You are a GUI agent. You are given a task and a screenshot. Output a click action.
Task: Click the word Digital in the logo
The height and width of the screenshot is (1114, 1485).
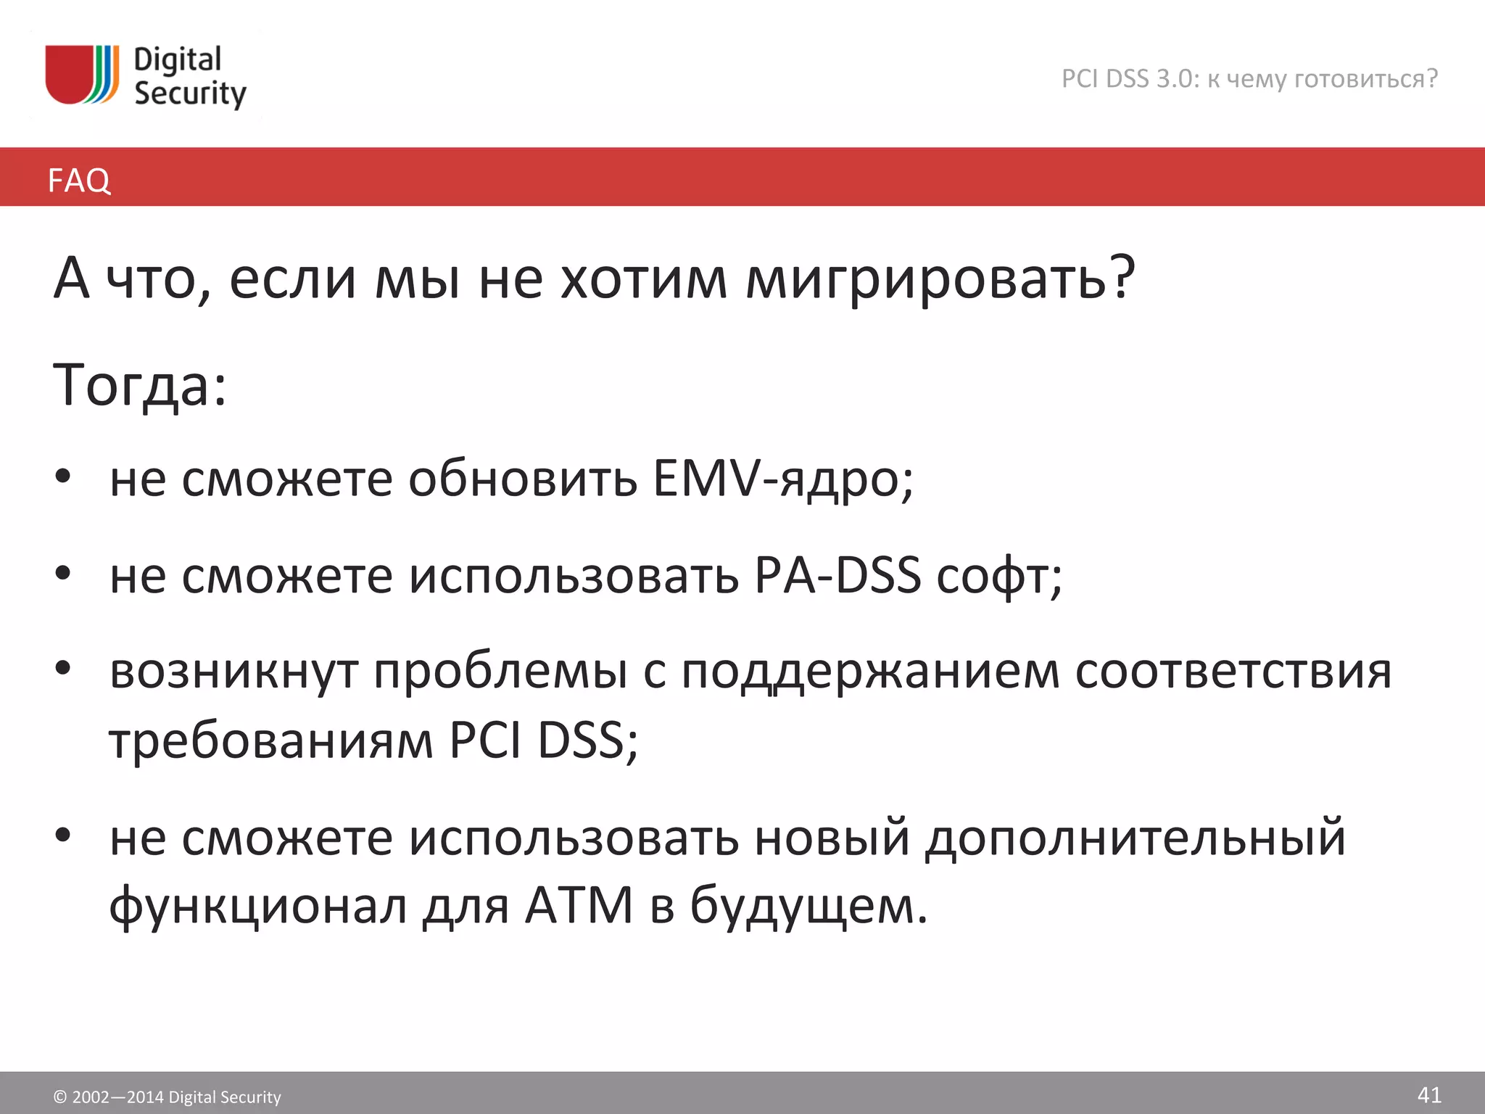click(177, 60)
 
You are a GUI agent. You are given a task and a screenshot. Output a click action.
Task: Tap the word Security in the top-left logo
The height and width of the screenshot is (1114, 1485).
click(190, 94)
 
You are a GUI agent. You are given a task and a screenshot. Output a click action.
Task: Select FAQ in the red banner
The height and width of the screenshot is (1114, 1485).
click(79, 180)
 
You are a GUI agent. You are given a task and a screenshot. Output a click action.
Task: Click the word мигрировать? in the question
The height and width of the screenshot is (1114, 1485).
click(940, 279)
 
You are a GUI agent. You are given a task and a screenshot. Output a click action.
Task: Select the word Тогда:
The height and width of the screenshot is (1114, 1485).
click(140, 385)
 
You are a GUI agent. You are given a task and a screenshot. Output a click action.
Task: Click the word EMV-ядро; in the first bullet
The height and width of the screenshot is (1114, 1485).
click(783, 479)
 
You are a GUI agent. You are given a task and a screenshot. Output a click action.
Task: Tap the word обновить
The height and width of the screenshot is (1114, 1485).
click(522, 479)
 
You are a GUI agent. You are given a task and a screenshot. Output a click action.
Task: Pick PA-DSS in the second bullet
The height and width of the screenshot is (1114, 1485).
click(837, 575)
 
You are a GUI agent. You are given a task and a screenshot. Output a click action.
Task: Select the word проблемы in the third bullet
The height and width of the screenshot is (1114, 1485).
click(500, 671)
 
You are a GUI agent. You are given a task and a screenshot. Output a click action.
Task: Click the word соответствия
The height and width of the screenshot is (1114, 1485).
click(1233, 671)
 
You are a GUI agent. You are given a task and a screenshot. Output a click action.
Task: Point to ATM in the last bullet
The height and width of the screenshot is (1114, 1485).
click(579, 906)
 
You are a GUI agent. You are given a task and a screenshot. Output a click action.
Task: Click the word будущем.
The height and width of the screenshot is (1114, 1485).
click(808, 906)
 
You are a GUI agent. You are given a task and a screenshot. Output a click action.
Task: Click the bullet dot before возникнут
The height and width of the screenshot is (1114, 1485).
click(63, 667)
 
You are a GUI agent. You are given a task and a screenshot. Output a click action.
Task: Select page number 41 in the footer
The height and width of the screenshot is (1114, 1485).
click(1428, 1094)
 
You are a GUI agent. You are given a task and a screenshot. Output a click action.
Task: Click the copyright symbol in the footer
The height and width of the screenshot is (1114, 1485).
click(60, 1097)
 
